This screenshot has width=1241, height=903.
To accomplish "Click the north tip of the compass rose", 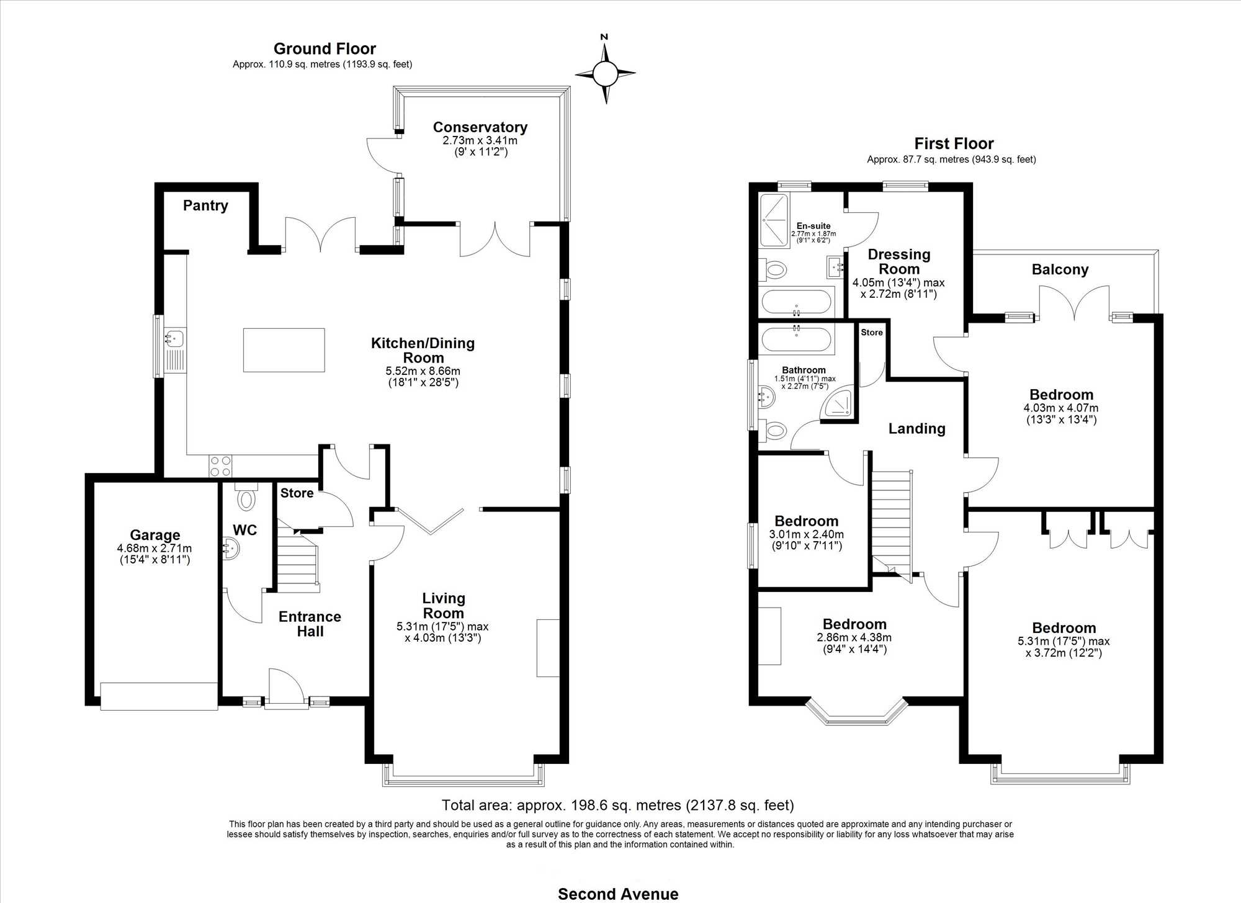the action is tap(605, 44).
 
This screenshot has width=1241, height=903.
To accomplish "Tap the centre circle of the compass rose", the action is tap(605, 74).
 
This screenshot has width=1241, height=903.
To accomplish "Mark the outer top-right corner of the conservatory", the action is tap(570, 87).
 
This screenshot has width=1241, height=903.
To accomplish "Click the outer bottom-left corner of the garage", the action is tap(86, 705).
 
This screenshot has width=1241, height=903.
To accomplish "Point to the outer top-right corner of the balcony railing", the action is tap(1158, 251).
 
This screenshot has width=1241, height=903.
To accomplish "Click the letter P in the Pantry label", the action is tap(187, 205).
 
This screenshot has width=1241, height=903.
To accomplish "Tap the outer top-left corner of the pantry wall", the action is tap(155, 183).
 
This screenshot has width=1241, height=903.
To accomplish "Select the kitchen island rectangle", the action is tap(284, 350).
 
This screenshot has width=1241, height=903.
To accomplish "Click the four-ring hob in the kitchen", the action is tap(220, 466).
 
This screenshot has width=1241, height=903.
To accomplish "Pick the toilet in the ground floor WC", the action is tap(246, 496).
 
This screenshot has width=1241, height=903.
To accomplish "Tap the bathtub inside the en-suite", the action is tap(796, 302).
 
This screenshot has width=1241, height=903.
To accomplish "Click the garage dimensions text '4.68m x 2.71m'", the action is tap(155, 549).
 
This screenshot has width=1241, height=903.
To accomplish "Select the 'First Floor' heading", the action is tap(954, 144).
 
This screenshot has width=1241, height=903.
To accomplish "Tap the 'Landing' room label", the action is tap(916, 429).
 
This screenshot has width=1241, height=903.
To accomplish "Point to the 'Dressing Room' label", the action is tap(899, 262).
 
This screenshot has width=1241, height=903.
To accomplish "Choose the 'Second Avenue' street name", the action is tap(618, 894).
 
